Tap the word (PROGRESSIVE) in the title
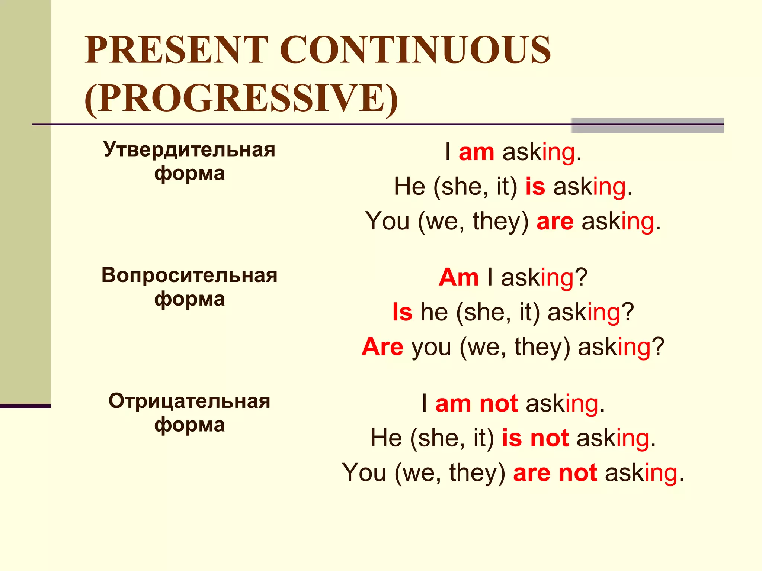(x=241, y=98)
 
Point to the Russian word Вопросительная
(x=189, y=275)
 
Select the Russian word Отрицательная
(x=189, y=401)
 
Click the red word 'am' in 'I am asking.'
(x=476, y=152)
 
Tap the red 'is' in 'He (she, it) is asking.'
(x=535, y=187)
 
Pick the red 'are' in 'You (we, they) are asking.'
(x=555, y=222)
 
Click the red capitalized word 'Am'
(x=458, y=278)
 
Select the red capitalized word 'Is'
(x=402, y=312)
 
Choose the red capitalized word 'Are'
(x=382, y=347)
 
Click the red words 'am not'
(x=476, y=404)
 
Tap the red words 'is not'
(x=535, y=438)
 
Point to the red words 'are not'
(x=555, y=473)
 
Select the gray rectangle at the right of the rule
(x=647, y=126)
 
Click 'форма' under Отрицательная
(x=189, y=425)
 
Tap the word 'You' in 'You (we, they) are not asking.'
(x=364, y=473)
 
